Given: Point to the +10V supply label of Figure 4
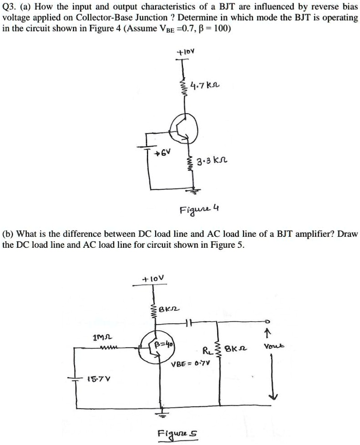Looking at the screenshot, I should (183, 50).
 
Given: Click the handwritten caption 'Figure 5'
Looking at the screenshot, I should (178, 434).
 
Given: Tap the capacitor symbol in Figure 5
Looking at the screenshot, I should (190, 324).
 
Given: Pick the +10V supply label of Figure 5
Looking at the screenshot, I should (153, 277).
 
